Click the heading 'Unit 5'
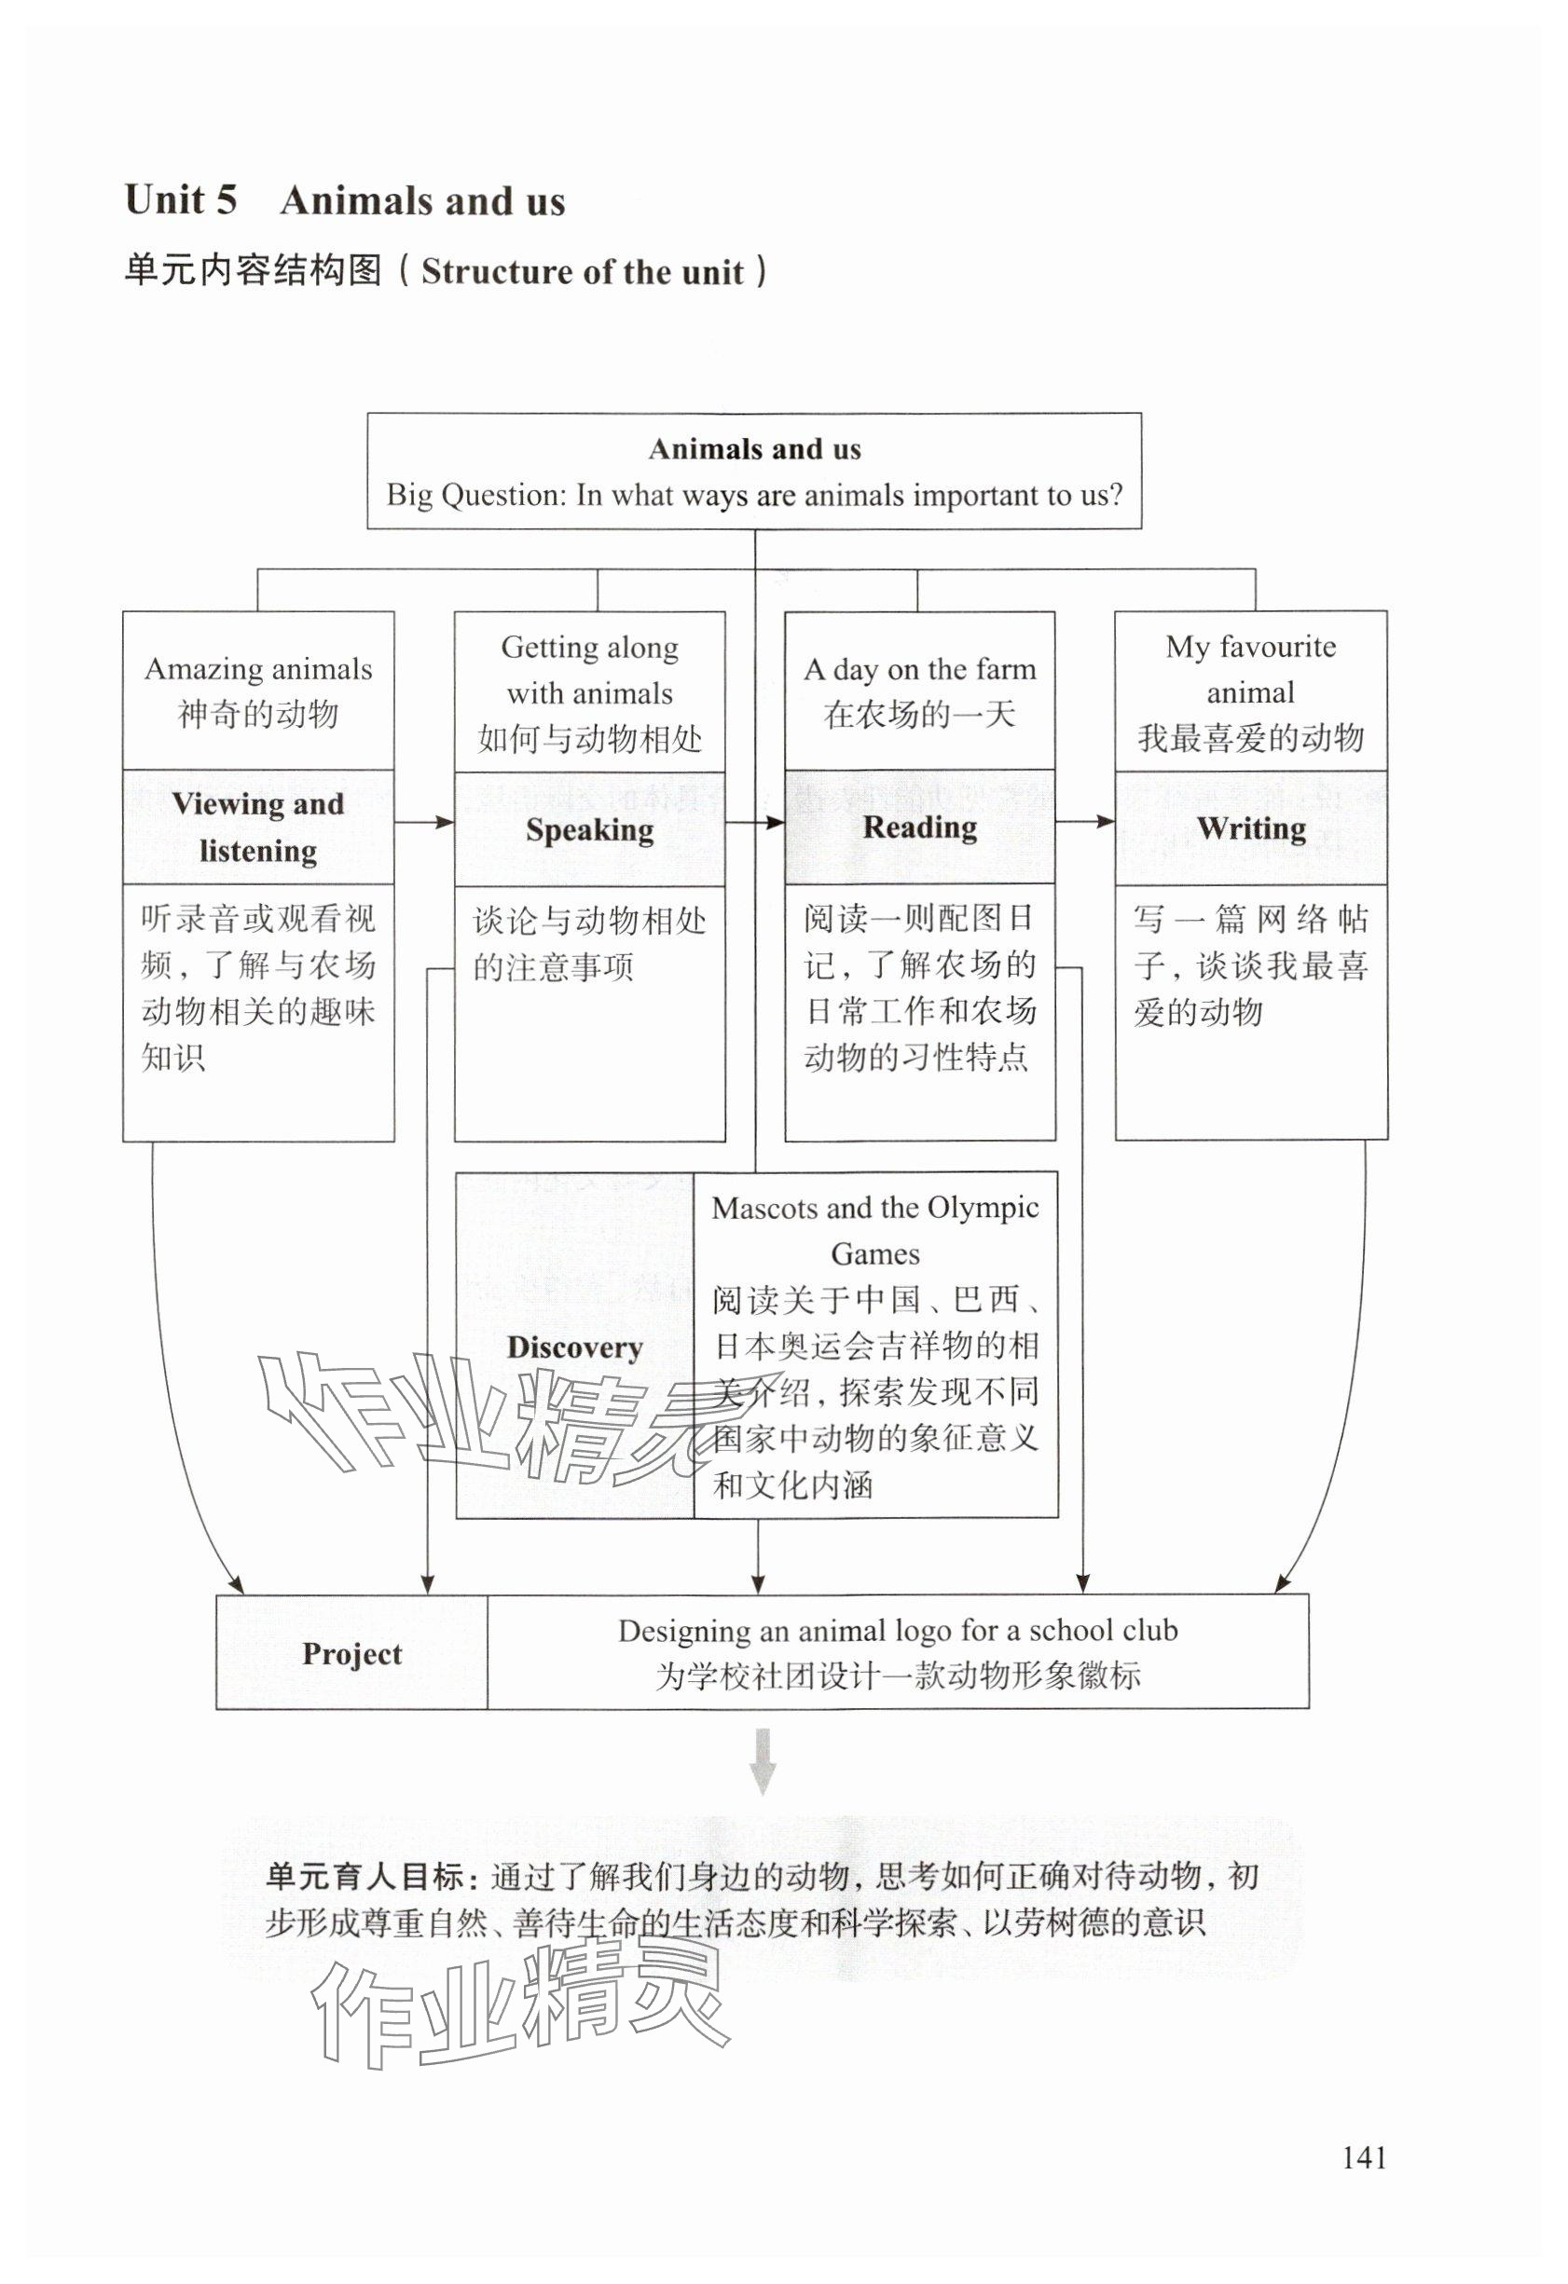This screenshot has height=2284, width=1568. (181, 200)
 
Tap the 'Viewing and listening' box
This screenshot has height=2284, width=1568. (257, 827)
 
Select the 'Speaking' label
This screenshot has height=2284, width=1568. (589, 829)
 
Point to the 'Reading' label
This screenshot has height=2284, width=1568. (919, 827)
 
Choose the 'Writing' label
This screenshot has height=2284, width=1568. (1250, 828)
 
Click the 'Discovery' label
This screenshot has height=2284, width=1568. (574, 1347)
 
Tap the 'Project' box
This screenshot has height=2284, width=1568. (352, 1653)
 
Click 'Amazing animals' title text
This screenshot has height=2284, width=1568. (258, 669)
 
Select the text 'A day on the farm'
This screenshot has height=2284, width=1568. (919, 669)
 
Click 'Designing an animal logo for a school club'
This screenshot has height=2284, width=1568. (897, 1631)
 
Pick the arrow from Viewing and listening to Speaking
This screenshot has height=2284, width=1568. (424, 822)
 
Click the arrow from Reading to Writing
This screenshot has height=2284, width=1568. (1084, 821)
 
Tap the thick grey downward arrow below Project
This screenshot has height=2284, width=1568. (762, 1762)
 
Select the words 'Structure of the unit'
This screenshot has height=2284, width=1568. (582, 272)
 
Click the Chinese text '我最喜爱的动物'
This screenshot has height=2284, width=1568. (1250, 737)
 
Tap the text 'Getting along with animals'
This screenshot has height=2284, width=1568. (589, 669)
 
